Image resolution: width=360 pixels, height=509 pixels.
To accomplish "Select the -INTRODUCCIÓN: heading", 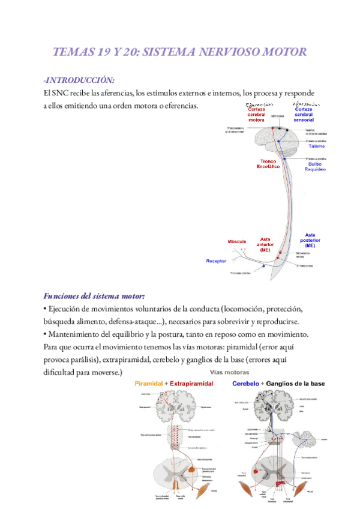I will click(x=78, y=80).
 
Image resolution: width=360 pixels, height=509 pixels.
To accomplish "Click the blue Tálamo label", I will click(x=316, y=146).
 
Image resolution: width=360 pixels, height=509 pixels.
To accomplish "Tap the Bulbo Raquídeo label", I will click(x=316, y=166).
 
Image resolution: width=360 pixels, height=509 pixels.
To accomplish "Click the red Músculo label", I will click(x=237, y=241).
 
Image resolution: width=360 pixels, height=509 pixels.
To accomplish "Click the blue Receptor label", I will click(x=216, y=261).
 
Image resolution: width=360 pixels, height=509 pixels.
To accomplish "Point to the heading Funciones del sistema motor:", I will click(x=94, y=297).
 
